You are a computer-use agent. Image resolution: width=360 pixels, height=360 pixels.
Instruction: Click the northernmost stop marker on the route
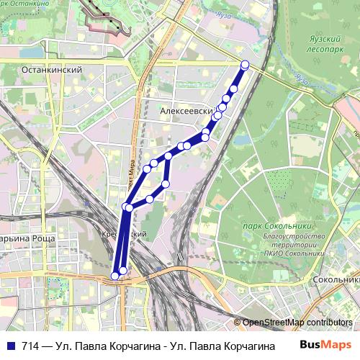(x=245, y=65)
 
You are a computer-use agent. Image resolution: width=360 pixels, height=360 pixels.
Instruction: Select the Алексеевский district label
(x=189, y=112)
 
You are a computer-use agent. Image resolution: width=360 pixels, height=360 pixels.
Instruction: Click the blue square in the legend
(x=9, y=344)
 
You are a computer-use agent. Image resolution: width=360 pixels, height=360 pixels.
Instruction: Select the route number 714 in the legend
(x=30, y=344)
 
